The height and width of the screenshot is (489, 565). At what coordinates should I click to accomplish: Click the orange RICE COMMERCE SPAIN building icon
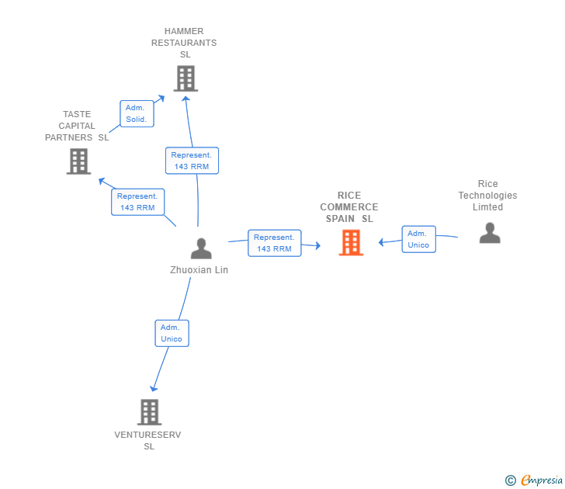pyautogui.click(x=351, y=243)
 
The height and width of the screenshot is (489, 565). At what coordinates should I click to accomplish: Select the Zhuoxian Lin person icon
pyautogui.click(x=201, y=248)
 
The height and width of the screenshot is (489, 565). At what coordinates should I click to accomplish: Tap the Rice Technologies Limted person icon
pyautogui.click(x=490, y=233)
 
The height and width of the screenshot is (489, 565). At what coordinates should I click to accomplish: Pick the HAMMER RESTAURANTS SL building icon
pyautogui.click(x=186, y=78)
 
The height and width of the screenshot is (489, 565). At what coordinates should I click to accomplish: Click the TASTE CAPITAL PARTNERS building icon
pyautogui.click(x=78, y=161)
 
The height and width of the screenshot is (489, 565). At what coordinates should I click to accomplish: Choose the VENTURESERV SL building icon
pyautogui.click(x=150, y=412)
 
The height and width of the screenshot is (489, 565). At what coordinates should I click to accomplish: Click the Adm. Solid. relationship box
pyautogui.click(x=137, y=113)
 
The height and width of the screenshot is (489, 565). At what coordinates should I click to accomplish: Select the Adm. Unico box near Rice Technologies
pyautogui.click(x=419, y=239)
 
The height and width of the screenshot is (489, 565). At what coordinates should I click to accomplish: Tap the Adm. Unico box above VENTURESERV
pyautogui.click(x=172, y=333)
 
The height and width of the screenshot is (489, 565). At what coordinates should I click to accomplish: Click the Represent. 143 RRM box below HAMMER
pyautogui.click(x=192, y=161)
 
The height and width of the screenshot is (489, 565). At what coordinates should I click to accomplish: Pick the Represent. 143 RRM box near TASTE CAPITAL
pyautogui.click(x=137, y=202)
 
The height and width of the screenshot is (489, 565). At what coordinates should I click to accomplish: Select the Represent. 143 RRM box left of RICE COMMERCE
pyautogui.click(x=275, y=243)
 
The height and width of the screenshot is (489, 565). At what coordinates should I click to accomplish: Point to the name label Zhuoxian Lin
pyautogui.click(x=199, y=270)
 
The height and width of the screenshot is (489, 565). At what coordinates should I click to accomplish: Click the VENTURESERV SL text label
pyautogui.click(x=147, y=440)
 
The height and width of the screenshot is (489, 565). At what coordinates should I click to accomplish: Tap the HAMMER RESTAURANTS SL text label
pyautogui.click(x=184, y=43)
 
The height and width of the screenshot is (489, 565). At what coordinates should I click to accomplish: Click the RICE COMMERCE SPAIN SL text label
pyautogui.click(x=349, y=206)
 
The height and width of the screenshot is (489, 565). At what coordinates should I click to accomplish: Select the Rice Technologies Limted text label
pyautogui.click(x=487, y=196)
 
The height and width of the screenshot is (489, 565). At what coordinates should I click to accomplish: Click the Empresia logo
pyautogui.click(x=542, y=480)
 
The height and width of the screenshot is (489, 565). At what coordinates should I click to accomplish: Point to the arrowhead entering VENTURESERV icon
pyautogui.click(x=154, y=388)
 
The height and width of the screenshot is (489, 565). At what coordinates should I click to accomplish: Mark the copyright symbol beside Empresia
pyautogui.click(x=511, y=480)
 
